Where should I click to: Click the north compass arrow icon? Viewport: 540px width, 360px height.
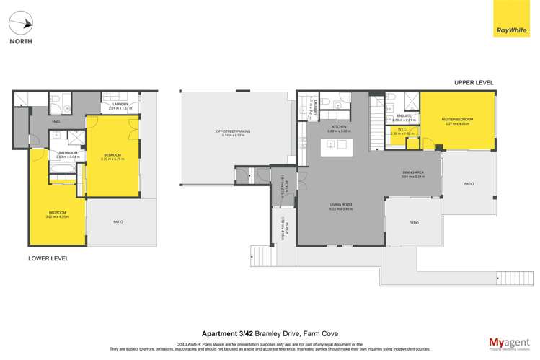25,23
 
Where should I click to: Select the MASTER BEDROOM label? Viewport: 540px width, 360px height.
458,120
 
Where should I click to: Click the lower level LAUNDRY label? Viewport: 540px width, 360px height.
120,105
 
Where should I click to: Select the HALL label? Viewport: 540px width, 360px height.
56,121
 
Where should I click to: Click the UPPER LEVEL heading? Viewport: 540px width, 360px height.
474,83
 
